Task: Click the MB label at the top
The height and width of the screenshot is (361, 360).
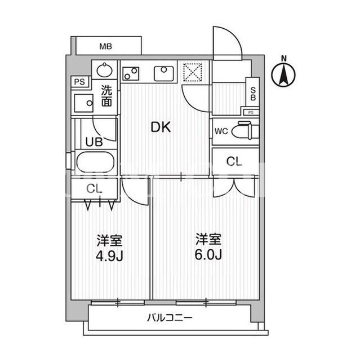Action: (105, 46)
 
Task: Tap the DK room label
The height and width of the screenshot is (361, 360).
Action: (161, 127)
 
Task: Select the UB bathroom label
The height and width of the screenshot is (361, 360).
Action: (94, 142)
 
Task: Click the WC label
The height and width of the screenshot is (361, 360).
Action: (221, 131)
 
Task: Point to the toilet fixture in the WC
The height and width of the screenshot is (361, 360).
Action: (245, 131)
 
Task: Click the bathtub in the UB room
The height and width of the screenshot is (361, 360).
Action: (95, 162)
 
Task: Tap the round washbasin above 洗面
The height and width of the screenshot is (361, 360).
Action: (104, 70)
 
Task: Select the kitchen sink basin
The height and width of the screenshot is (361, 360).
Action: (164, 73)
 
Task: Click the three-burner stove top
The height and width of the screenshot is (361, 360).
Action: (131, 73)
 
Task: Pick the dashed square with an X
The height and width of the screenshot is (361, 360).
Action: (193, 72)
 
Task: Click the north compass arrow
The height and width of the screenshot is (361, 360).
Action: (283, 74)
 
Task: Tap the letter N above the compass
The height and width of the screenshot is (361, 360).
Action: (284, 59)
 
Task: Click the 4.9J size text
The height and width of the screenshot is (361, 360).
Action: (109, 256)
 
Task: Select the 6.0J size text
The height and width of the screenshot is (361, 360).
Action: (208, 254)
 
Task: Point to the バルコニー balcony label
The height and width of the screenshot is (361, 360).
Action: (170, 318)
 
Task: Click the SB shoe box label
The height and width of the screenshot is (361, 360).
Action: (253, 94)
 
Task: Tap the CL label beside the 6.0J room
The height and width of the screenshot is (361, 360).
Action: (234, 161)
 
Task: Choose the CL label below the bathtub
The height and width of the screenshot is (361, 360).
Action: (94, 189)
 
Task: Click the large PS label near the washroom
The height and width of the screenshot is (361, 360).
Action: (79, 82)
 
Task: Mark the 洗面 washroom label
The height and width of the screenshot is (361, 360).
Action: (107, 96)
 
